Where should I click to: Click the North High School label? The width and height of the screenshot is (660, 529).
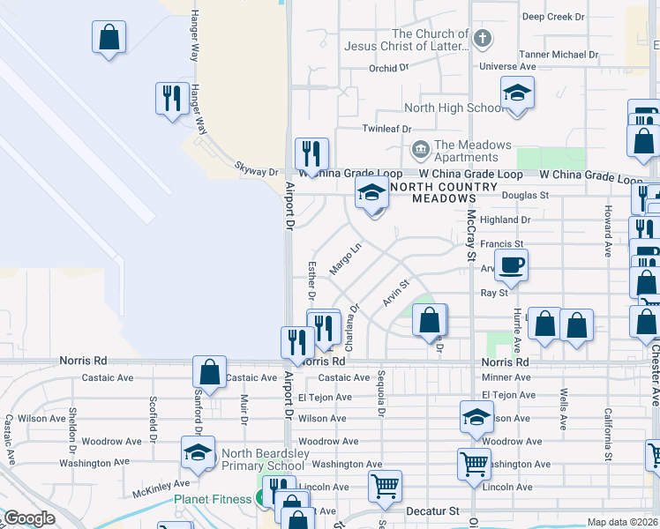[454, 108]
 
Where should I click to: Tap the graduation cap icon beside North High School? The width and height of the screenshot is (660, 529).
[518, 93]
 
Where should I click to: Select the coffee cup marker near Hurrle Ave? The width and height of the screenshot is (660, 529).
[511, 264]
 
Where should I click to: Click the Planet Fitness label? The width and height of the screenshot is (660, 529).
[212, 498]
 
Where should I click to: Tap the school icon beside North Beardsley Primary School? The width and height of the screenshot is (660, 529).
[198, 454]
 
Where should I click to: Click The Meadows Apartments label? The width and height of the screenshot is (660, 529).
[472, 151]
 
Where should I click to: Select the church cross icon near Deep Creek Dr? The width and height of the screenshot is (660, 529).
[482, 39]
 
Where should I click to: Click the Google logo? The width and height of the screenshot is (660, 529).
[29, 518]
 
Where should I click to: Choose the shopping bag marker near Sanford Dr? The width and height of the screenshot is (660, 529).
[210, 372]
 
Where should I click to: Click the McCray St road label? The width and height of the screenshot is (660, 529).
[471, 234]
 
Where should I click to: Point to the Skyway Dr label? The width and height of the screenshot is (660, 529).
[256, 168]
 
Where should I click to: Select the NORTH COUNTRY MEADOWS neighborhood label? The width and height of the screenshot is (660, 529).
[439, 192]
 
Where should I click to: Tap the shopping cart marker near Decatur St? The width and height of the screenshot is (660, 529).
[385, 486]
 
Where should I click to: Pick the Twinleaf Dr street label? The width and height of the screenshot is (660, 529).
[387, 128]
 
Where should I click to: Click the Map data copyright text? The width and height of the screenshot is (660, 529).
[621, 522]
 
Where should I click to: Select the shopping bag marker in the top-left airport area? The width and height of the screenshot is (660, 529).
[109, 37]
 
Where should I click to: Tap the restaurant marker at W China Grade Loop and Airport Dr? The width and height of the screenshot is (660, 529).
[311, 154]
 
